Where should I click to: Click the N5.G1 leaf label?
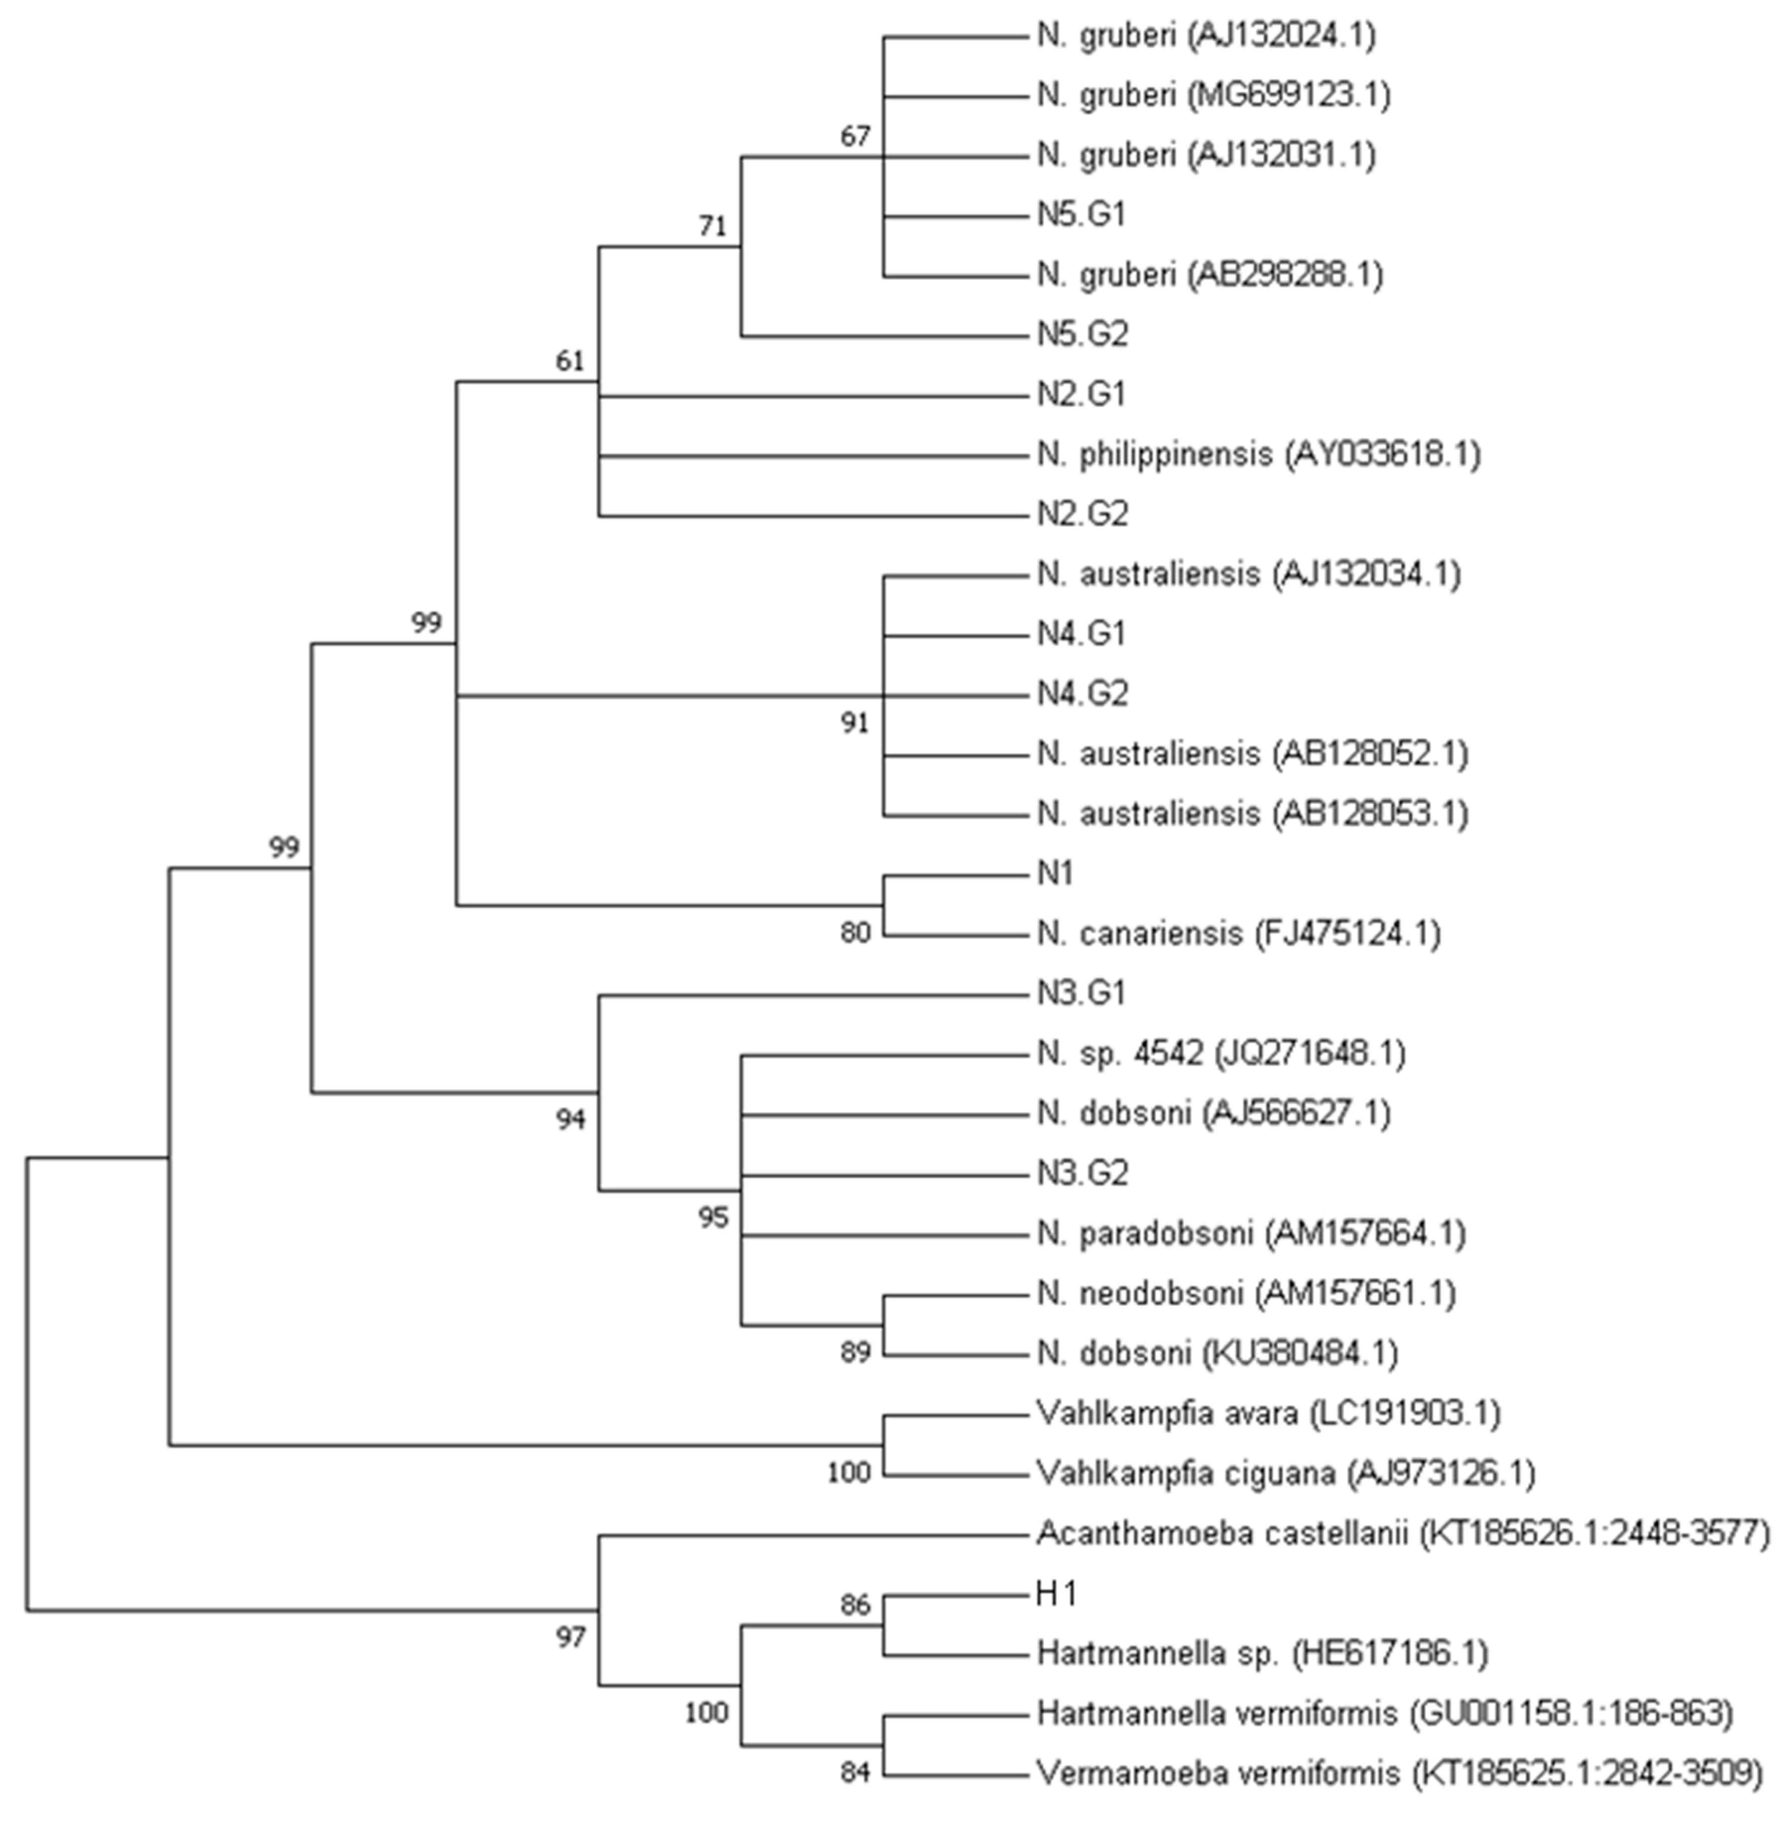click(1081, 215)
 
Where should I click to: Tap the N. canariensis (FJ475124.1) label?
click(1238, 934)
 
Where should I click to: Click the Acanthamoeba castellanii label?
click(1402, 1534)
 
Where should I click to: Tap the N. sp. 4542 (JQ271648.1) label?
click(1221, 1054)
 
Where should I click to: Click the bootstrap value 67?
click(854, 137)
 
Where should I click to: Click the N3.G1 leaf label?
click(1081, 994)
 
